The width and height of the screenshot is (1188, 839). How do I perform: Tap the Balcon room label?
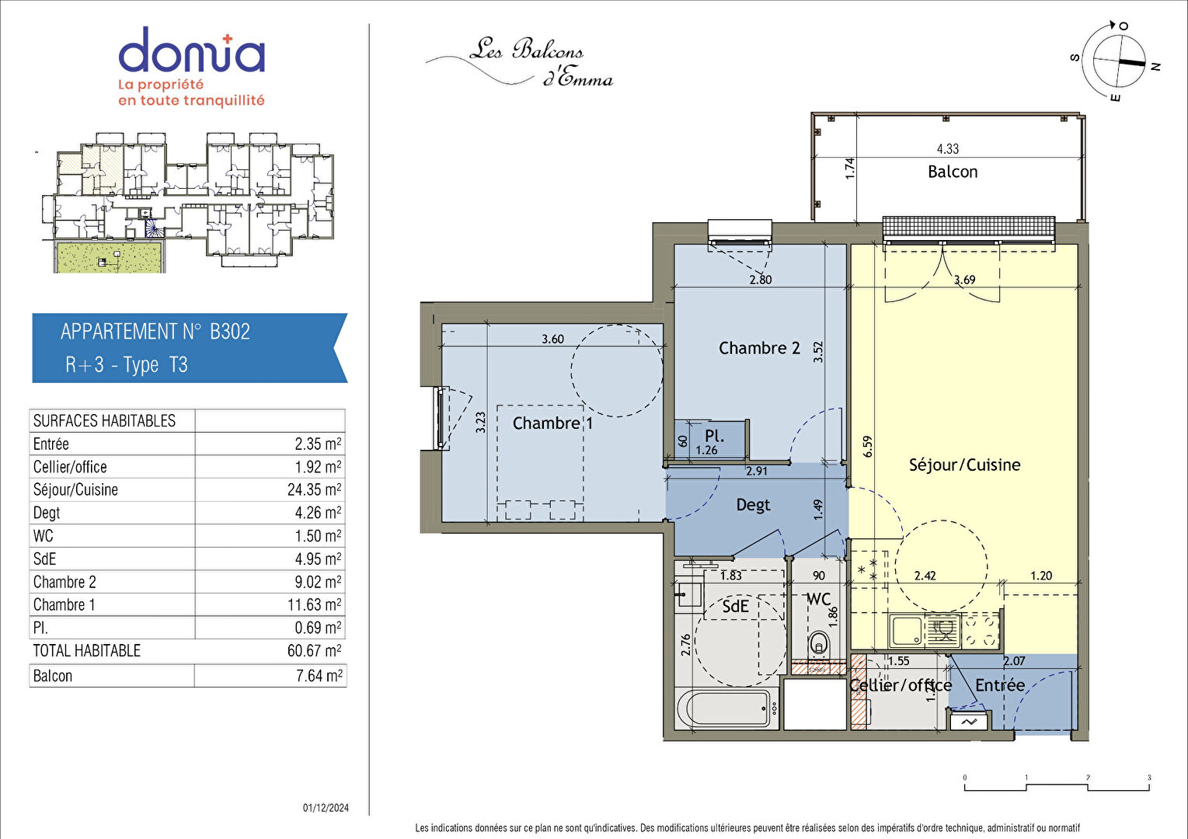click(953, 172)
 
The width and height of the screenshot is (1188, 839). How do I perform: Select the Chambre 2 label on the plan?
click(759, 348)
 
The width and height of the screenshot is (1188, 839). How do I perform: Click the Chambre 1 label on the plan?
click(552, 423)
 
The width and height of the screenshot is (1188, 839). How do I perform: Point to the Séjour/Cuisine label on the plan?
click(965, 465)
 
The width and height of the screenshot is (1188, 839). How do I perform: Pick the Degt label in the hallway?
click(753, 505)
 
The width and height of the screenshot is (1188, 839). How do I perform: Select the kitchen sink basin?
click(907, 631)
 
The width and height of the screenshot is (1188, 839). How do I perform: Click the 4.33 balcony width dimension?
click(948, 149)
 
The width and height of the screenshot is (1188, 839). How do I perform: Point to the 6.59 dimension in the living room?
click(867, 447)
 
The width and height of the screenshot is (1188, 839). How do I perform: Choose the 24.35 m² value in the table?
click(314, 489)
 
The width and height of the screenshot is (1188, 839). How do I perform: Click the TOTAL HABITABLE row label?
click(87, 651)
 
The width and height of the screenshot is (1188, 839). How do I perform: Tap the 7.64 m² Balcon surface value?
click(319, 676)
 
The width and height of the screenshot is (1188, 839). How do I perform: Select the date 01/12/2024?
click(326, 808)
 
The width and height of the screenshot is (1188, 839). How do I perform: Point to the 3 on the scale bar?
click(1149, 778)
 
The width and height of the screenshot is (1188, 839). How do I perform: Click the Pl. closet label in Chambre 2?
click(714, 436)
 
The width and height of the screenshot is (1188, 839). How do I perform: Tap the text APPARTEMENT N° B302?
click(155, 332)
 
